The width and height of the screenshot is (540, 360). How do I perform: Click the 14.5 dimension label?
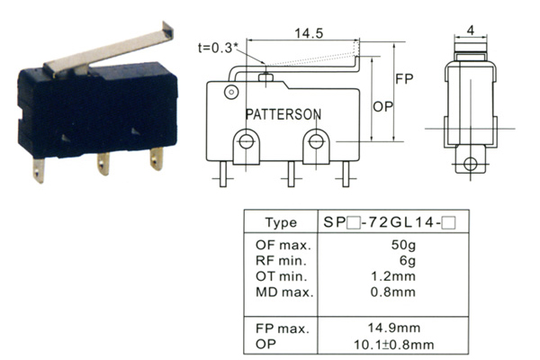click(309, 33)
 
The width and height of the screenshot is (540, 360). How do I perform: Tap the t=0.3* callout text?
click(219, 48)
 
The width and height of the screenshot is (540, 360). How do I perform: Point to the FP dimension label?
click(404, 79)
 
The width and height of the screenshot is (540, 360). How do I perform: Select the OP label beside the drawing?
click(382, 107)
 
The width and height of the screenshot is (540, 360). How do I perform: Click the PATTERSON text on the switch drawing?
click(283, 114)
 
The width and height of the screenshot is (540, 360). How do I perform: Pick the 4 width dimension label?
click(471, 31)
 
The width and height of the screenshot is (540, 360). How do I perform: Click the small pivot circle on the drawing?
click(231, 92)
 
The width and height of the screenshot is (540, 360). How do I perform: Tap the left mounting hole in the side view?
click(246, 141)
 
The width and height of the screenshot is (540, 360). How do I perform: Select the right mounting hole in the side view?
click(316, 141)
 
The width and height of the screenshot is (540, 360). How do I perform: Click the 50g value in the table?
click(403, 245)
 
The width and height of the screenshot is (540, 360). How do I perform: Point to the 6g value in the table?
click(408, 260)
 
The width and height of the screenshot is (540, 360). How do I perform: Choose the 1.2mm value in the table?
click(393, 276)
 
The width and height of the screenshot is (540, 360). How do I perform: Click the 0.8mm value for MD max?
click(393, 292)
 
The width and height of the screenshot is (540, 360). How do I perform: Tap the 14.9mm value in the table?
click(394, 328)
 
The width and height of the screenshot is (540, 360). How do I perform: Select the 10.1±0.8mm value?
click(394, 344)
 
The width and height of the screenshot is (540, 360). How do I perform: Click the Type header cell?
click(281, 222)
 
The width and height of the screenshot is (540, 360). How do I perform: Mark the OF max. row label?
click(283, 245)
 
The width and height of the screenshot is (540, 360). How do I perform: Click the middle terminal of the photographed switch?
click(103, 164)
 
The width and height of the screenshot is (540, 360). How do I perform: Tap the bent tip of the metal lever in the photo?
click(168, 30)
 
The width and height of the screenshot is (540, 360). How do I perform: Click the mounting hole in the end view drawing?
click(471, 164)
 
